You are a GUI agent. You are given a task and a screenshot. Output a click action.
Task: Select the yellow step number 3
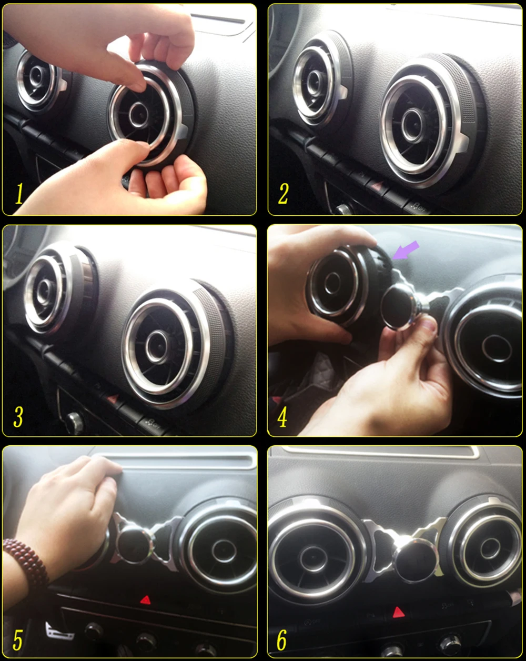[x=18, y=416]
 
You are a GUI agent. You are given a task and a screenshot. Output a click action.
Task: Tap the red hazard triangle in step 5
[x=145, y=599]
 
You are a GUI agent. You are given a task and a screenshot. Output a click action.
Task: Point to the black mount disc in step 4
[x=398, y=307]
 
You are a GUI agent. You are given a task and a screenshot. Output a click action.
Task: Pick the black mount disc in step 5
[x=134, y=544]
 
